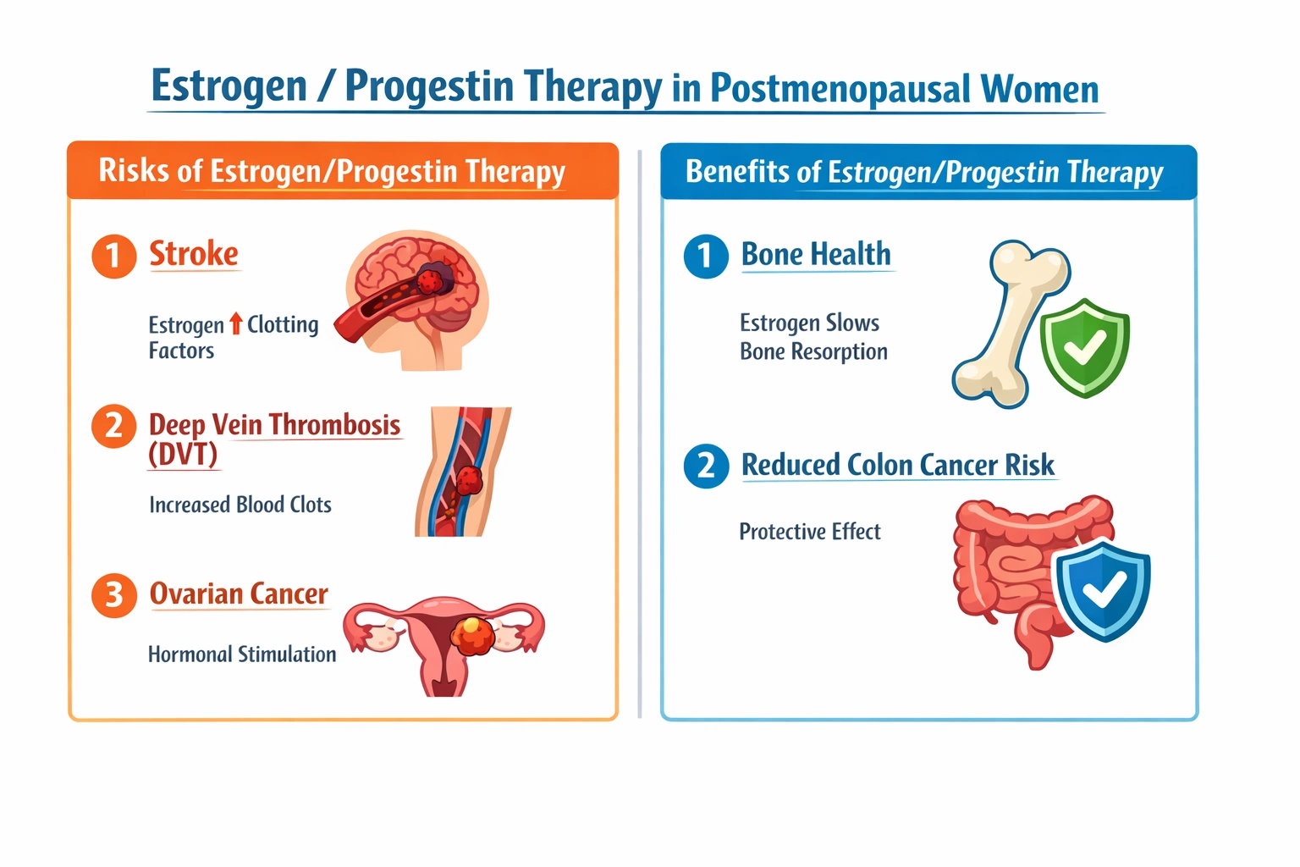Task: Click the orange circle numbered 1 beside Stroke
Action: (113, 256)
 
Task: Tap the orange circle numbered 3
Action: (113, 595)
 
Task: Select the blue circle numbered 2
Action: (706, 467)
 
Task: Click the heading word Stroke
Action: (194, 254)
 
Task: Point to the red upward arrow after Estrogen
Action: (235, 323)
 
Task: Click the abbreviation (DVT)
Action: (183, 455)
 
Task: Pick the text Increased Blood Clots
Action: (240, 505)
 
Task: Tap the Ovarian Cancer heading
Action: (239, 594)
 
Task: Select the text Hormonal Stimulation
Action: (242, 654)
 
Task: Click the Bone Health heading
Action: (816, 255)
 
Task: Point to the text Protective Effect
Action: (810, 532)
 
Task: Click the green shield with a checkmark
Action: (1085, 347)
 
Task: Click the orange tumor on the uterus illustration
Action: (473, 635)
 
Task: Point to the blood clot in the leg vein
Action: (469, 481)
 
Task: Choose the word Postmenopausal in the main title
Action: (840, 90)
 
